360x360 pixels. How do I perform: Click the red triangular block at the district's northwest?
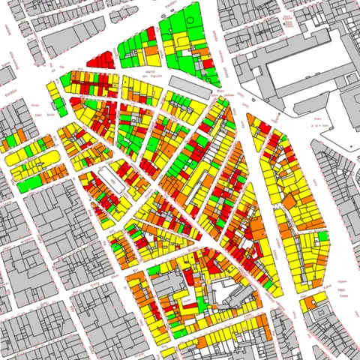tap(100, 60)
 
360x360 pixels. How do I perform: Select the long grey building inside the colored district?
tap(190, 85)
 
